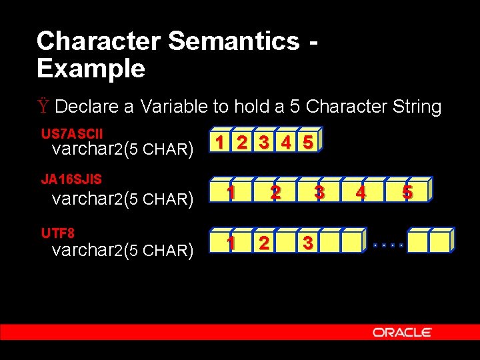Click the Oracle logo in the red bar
pyautogui.click(x=402, y=332)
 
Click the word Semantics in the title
pyautogui.click(x=234, y=41)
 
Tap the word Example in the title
pyautogui.click(x=91, y=69)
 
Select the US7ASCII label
pyautogui.click(x=72, y=134)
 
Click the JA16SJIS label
pyautogui.click(x=71, y=179)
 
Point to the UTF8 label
pyautogui.click(x=58, y=233)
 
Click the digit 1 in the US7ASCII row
pyautogui.click(x=218, y=143)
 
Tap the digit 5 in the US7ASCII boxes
pyautogui.click(x=307, y=143)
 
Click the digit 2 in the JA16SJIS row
pyautogui.click(x=275, y=192)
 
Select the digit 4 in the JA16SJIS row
pyautogui.click(x=361, y=193)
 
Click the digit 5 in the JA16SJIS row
pyautogui.click(x=407, y=193)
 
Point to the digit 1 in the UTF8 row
pyautogui.click(x=231, y=243)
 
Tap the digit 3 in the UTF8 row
pyautogui.click(x=307, y=243)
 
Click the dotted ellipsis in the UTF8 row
pyautogui.click(x=389, y=245)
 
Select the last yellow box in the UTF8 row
pyautogui.click(x=440, y=242)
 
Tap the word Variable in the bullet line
pyautogui.click(x=175, y=107)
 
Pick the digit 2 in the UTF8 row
pyautogui.click(x=264, y=243)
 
